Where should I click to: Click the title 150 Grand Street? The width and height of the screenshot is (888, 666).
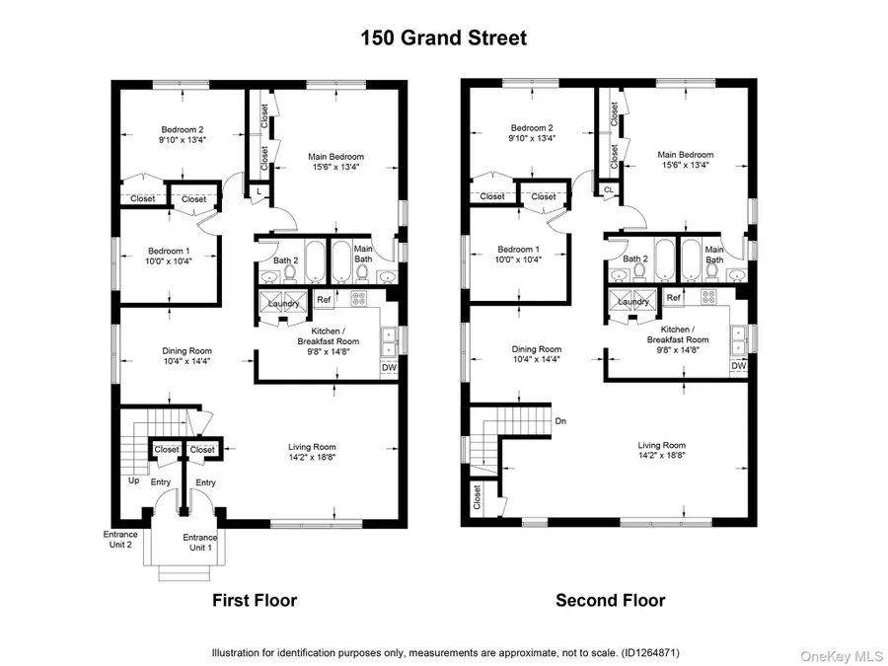(x=443, y=38)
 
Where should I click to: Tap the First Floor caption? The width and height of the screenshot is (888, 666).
(x=255, y=600)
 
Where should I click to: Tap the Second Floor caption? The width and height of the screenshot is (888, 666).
(x=610, y=600)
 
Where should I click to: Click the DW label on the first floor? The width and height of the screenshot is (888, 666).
(x=389, y=368)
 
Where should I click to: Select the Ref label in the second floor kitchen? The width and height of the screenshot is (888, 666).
(x=674, y=298)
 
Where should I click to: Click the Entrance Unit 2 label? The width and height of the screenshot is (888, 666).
(x=120, y=539)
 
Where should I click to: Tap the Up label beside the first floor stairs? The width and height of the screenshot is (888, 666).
(x=133, y=481)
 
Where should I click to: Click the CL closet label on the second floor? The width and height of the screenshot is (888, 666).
(x=609, y=189)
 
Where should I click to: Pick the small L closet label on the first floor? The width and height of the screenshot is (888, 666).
(x=259, y=190)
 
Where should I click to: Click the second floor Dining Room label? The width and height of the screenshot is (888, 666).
(x=537, y=349)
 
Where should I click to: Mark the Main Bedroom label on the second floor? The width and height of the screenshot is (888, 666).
(x=686, y=155)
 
